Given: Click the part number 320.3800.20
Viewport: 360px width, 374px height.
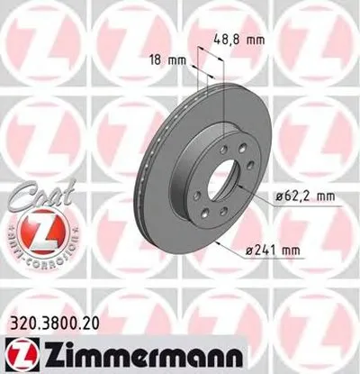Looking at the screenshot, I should click(x=53, y=322).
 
